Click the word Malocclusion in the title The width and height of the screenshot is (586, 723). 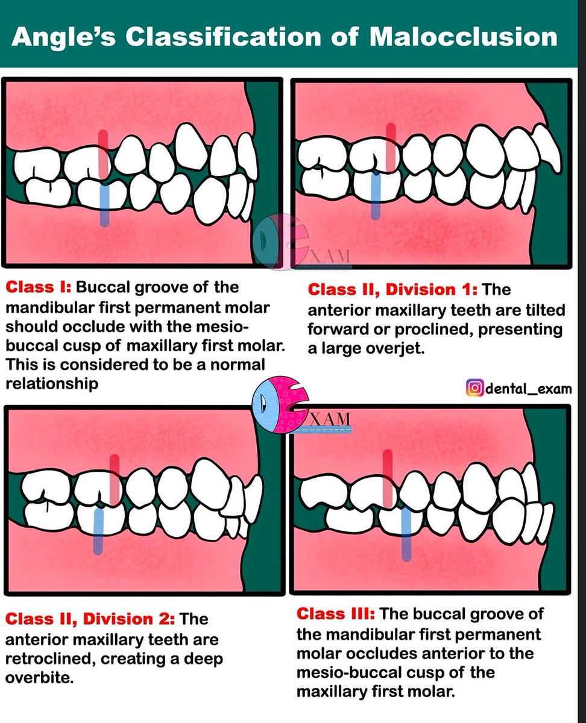click(463, 37)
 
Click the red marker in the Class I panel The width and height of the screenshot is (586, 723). click(103, 154)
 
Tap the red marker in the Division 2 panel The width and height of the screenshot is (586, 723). click(114, 480)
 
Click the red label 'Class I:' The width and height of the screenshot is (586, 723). click(39, 287)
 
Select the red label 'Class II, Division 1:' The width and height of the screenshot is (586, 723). click(392, 290)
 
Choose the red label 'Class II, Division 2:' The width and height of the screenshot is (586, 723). click(90, 619)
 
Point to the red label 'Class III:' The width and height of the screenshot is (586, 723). click(336, 614)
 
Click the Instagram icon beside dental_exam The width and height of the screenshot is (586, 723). click(475, 388)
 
